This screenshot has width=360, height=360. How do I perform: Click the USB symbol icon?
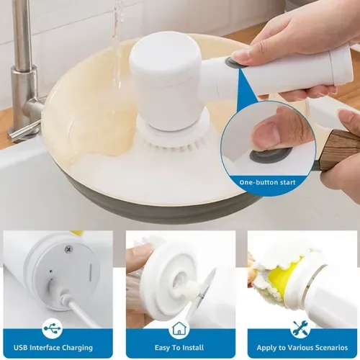pyautogui.click(x=53, y=328)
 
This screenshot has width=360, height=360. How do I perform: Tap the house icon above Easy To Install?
pyautogui.click(x=179, y=328)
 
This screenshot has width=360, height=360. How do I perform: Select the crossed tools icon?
pyautogui.click(x=300, y=328)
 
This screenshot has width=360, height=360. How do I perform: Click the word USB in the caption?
pyautogui.click(x=19, y=348)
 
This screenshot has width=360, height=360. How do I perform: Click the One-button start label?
pyautogui.click(x=267, y=182)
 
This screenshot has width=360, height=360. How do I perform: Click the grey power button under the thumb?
pyautogui.click(x=270, y=155)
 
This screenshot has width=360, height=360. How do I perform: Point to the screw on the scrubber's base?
pyautogui.click(x=68, y=249)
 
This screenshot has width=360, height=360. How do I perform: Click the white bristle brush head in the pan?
pyautogui.click(x=174, y=138)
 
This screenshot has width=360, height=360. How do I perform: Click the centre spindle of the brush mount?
pyautogui.click(x=181, y=286)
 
